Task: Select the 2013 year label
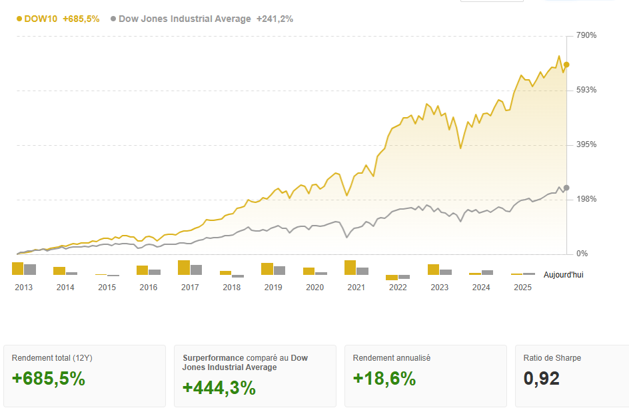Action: (x=23, y=288)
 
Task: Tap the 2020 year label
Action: (x=314, y=288)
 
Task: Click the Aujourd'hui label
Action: (x=563, y=275)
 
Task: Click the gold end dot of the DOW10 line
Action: (x=566, y=65)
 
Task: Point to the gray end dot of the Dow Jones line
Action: (x=566, y=188)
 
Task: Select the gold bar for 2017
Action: (x=184, y=268)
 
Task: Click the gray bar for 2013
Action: (x=30, y=270)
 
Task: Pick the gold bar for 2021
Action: (x=350, y=268)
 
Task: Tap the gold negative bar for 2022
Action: (x=392, y=278)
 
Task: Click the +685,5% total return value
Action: (x=48, y=379)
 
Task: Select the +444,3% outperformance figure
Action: (x=219, y=388)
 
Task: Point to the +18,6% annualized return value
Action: (x=384, y=379)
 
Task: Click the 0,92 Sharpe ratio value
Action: (x=541, y=379)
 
